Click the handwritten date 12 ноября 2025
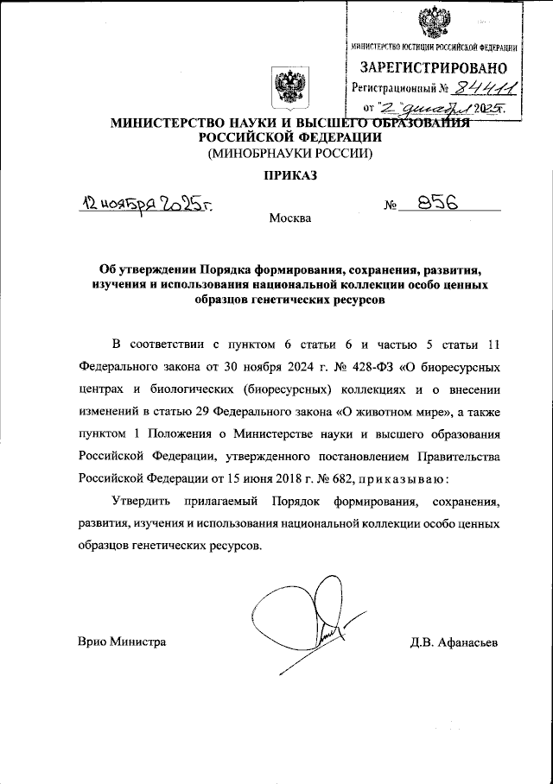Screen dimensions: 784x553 pyautogui.click(x=148, y=204)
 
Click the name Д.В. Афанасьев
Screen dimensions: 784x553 pyautogui.click(x=454, y=642)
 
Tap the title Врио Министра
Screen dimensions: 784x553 pyautogui.click(x=122, y=642)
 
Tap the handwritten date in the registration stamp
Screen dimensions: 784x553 pyautogui.click(x=442, y=109)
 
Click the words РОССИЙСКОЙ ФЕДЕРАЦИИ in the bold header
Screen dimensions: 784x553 pyautogui.click(x=286, y=136)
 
